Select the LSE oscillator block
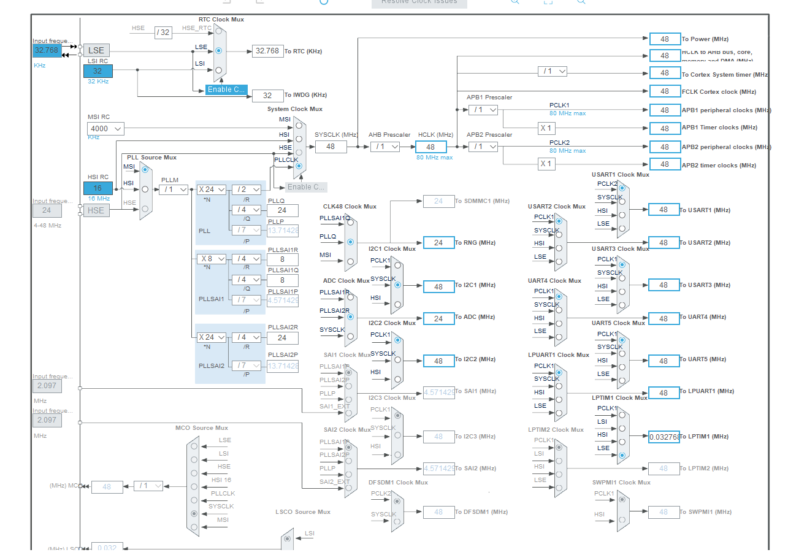96,51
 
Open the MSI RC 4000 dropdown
105,129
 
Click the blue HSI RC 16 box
98,188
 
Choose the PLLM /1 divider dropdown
174,189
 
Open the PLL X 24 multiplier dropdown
212,189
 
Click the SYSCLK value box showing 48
331,147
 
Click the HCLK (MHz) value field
430,147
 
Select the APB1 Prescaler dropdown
483,110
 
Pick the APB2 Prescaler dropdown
483,147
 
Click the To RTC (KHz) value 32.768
267,51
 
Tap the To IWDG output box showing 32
267,95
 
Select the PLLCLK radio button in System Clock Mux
299,166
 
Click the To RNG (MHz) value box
438,243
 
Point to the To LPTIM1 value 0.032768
664,437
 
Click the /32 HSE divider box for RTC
163,33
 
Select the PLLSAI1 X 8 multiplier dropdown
212,259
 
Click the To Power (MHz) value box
665,39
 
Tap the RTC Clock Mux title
221,20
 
